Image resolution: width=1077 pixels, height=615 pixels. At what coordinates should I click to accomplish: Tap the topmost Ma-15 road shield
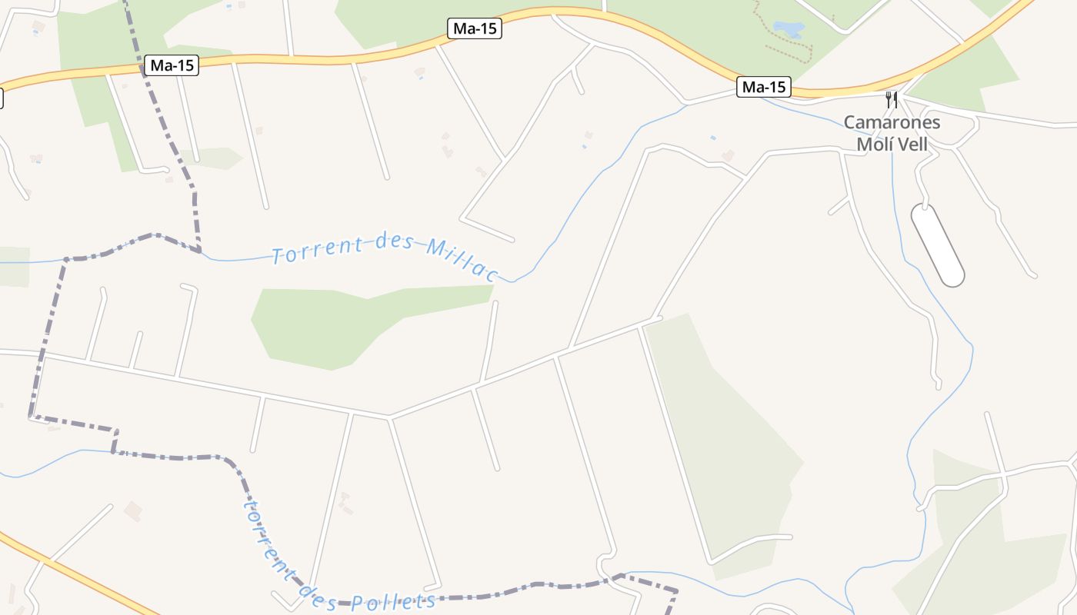[475, 29]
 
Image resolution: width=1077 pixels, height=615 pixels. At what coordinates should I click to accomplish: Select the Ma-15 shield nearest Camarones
[763, 87]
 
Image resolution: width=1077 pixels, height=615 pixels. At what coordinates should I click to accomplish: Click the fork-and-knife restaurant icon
[892, 99]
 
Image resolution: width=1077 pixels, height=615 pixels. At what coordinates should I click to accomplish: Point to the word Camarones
[892, 122]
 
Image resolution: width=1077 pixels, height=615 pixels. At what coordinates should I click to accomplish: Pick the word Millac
[462, 258]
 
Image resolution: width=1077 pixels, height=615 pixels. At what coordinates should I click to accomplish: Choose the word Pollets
[392, 603]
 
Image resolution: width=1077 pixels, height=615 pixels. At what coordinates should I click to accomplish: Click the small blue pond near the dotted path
[789, 29]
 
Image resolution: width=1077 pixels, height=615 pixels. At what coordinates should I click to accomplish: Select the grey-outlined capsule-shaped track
[937, 244]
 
